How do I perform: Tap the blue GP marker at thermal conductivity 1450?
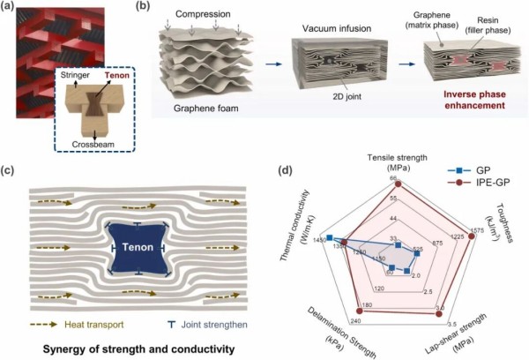[329, 238]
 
